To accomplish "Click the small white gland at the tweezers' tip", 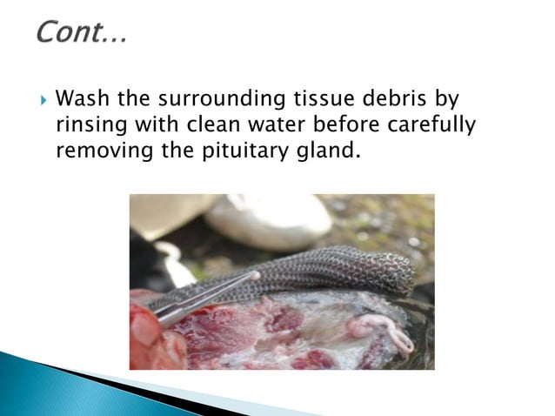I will click(x=255, y=276).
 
